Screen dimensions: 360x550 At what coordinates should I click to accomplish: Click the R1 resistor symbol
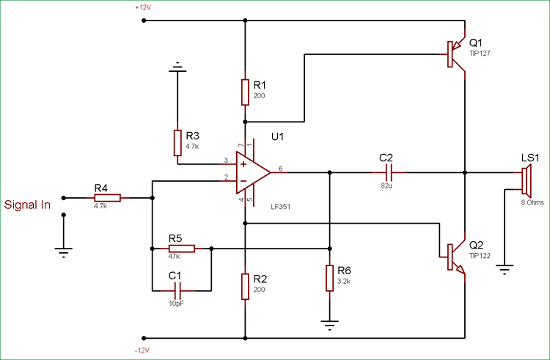pos(244,92)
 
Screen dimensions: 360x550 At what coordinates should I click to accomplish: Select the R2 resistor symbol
pos(244,285)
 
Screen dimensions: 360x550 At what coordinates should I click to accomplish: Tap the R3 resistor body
pos(177,142)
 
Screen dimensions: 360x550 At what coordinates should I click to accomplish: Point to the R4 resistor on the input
pos(107,197)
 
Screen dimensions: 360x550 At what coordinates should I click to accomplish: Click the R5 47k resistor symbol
pos(181,249)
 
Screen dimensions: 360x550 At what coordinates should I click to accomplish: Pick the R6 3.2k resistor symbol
pos(330,279)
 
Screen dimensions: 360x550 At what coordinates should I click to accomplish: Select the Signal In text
pos(28,205)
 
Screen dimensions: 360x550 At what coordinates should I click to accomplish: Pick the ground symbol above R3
pos(177,70)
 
